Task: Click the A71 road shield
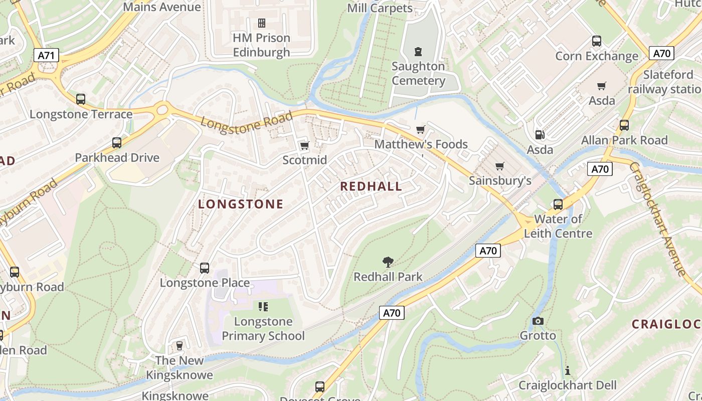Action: (46, 55)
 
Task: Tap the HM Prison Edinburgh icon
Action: (261, 23)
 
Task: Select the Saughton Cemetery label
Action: (418, 73)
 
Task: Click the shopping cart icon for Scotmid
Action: (304, 146)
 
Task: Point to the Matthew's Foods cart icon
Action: (421, 130)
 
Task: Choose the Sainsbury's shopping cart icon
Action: (499, 166)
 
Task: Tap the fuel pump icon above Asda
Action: (540, 135)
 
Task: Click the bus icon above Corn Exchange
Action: (596, 41)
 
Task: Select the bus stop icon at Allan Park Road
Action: (624, 125)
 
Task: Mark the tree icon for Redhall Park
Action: (388, 262)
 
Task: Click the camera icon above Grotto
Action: (538, 321)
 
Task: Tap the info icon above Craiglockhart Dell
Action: (567, 370)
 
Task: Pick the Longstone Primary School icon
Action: (263, 306)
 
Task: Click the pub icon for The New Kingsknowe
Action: (179, 346)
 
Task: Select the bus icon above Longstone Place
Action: (205, 268)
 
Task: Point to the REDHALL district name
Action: (371, 186)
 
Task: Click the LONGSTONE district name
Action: (241, 204)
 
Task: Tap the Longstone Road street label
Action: (247, 121)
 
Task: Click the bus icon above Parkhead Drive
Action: (117, 143)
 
